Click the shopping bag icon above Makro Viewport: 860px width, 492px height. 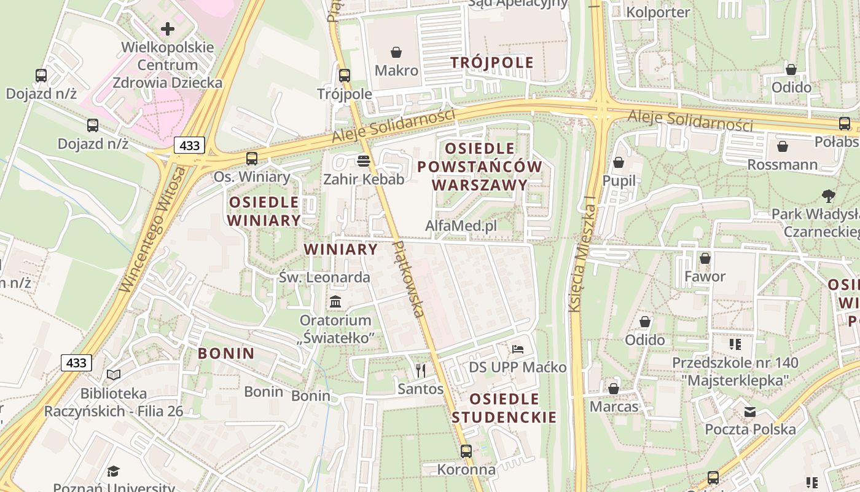396,52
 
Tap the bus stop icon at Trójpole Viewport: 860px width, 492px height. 345,76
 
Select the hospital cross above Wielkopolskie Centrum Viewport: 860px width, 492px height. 167,29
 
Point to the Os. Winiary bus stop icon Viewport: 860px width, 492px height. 252,159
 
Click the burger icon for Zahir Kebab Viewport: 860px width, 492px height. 364,161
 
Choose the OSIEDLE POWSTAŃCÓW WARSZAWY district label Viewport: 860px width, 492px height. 480,167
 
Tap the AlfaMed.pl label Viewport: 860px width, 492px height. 461,226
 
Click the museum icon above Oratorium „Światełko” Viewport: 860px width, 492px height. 335,302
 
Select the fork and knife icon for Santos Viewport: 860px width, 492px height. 421,370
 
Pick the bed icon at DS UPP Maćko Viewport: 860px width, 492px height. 518,349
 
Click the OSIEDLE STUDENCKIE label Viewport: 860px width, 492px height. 504,408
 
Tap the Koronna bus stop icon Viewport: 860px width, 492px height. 466,451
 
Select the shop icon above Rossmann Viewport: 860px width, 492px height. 783,146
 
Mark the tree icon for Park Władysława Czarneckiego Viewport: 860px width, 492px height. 829,196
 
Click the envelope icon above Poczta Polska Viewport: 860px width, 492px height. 750,411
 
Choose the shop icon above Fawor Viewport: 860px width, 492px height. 705,258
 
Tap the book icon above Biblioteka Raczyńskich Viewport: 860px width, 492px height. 114,375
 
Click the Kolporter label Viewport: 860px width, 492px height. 658,12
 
